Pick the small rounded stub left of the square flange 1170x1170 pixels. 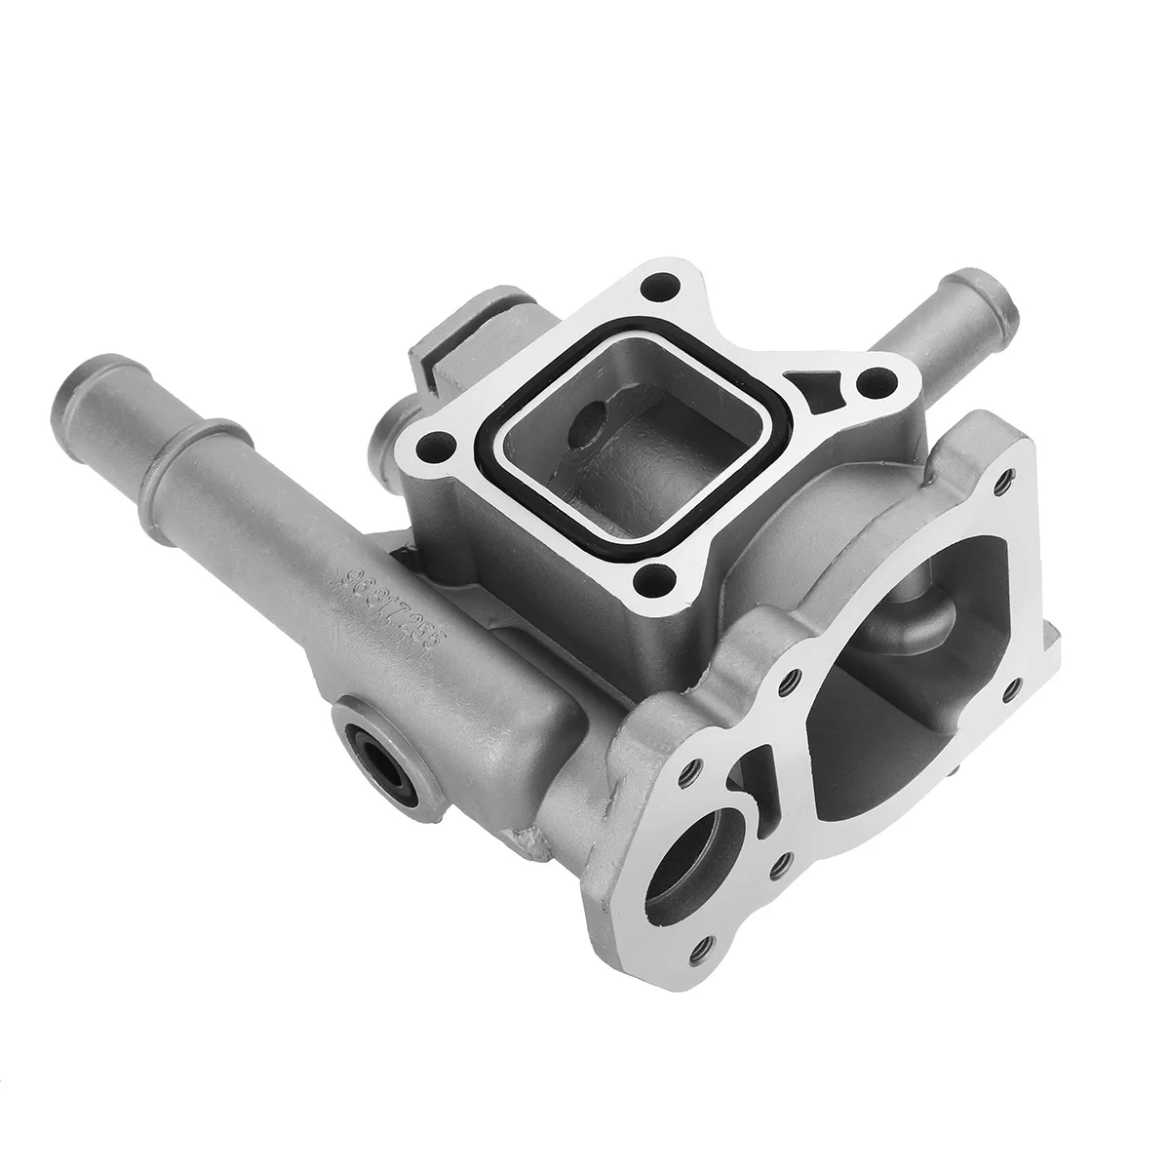coord(390,429)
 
